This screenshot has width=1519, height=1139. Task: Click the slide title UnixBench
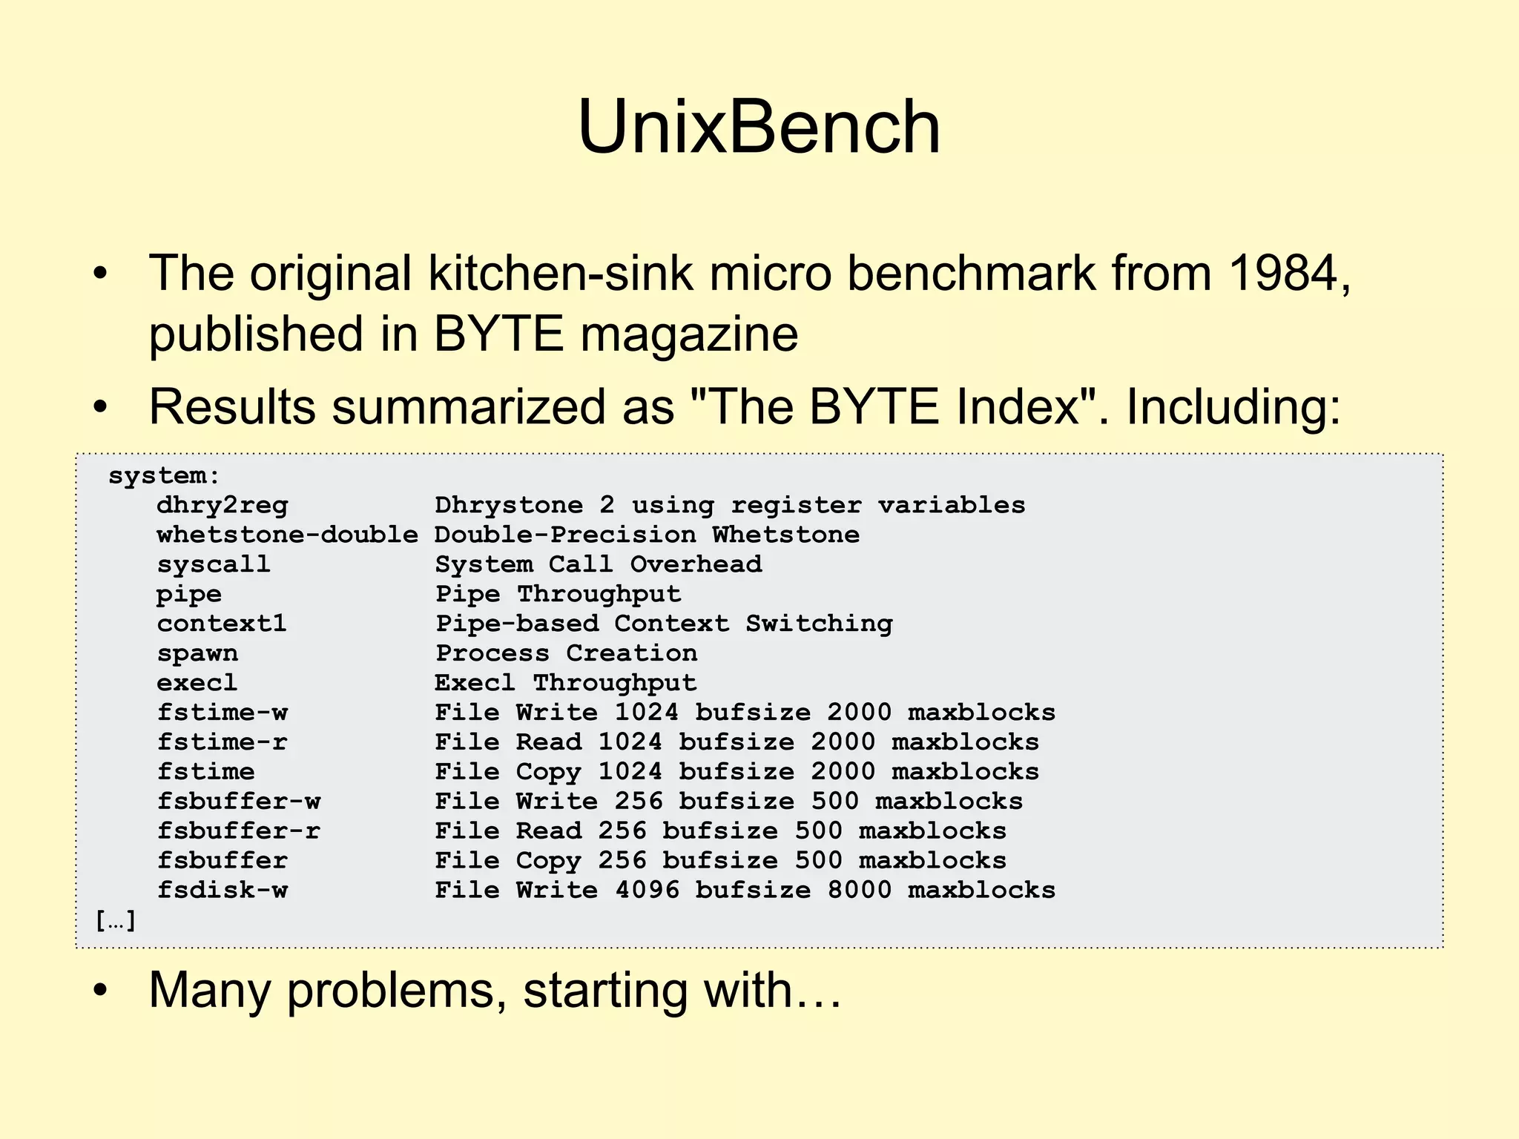(x=759, y=128)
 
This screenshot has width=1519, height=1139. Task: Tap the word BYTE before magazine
(x=498, y=334)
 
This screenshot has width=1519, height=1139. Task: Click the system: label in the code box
(x=164, y=475)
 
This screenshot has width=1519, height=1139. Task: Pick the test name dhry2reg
(x=222, y=506)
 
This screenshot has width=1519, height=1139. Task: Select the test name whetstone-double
(x=287, y=535)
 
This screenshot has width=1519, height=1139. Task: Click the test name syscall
(x=214, y=564)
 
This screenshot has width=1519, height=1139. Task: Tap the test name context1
(x=222, y=624)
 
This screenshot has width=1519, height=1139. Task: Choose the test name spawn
(x=197, y=653)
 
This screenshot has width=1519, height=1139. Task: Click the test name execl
(x=197, y=683)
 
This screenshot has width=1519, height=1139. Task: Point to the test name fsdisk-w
(x=222, y=890)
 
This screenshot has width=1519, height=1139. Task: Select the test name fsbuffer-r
(x=238, y=831)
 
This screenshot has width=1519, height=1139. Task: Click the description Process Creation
(x=566, y=653)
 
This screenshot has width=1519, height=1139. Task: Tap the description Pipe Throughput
(x=558, y=594)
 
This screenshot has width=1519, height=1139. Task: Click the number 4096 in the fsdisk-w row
(x=647, y=890)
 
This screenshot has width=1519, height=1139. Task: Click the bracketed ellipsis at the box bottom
(x=116, y=921)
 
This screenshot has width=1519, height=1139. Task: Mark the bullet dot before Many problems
(x=101, y=991)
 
